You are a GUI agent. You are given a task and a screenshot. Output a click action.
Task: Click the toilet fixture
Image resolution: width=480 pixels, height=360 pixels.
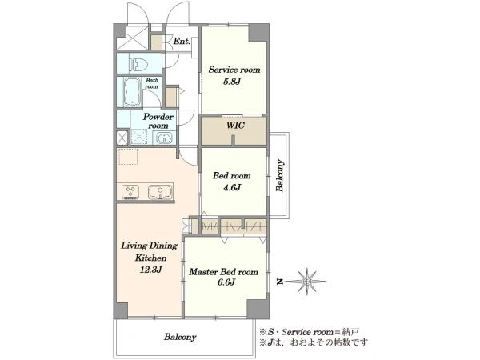point(138,64)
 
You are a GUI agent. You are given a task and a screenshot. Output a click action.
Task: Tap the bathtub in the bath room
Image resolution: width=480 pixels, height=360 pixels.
point(132,91)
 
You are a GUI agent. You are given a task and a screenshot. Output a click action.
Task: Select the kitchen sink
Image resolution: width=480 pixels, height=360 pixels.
point(159,192)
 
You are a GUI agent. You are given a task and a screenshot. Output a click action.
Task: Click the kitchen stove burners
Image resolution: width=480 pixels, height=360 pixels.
point(130,192)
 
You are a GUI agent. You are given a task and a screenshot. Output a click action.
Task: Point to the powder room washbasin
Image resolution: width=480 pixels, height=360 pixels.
point(164,138)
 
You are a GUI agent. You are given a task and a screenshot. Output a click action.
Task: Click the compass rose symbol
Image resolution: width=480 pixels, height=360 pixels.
point(307,282)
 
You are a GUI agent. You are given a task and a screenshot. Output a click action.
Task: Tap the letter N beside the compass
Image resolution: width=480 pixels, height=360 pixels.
point(279,282)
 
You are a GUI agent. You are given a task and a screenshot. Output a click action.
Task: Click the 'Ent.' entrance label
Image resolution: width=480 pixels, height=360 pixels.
point(182,42)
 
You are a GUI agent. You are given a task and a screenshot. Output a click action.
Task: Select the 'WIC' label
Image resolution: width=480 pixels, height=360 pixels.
point(235,126)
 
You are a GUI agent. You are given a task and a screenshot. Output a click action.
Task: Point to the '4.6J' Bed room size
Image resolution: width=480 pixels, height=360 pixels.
point(232,187)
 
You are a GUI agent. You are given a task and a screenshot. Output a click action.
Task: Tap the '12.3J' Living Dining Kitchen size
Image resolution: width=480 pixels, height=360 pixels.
point(150,270)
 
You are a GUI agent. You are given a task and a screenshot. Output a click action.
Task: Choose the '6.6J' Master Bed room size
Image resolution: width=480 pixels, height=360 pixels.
point(226,282)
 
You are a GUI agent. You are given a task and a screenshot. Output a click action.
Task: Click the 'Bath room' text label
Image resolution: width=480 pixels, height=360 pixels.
point(152,83)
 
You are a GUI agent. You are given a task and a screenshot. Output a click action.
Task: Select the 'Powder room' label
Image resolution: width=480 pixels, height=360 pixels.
point(158,122)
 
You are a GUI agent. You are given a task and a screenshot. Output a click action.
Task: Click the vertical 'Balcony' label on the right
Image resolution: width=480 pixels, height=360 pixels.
point(279,176)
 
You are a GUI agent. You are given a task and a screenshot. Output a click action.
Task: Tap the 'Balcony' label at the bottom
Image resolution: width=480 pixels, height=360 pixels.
point(180,337)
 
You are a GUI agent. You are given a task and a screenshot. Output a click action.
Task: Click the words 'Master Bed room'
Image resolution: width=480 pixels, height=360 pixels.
point(223,272)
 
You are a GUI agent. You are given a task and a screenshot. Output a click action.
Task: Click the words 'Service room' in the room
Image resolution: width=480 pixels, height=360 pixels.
point(234,70)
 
